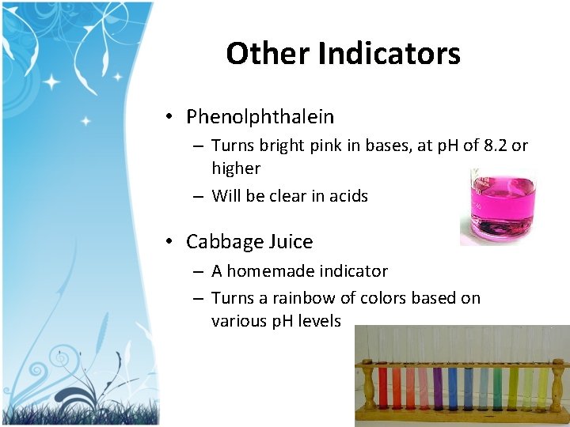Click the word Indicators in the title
click(x=389, y=54)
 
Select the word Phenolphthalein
click(x=260, y=117)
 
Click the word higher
click(x=235, y=168)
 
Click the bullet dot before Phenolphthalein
click(x=170, y=118)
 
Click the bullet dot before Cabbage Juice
click(x=170, y=242)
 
